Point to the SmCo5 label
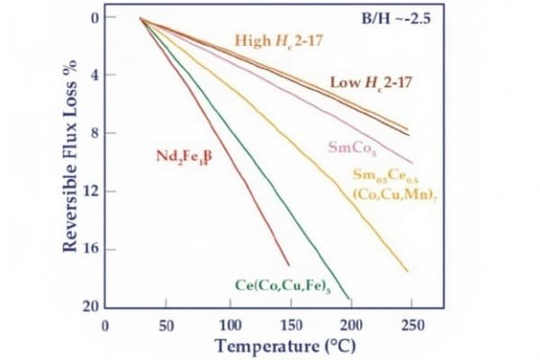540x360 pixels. (x=346, y=148)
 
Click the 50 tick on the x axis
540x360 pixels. (x=168, y=324)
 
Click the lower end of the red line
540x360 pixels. (x=289, y=265)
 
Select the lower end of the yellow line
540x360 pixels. (x=409, y=272)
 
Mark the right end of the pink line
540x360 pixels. (x=412, y=163)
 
